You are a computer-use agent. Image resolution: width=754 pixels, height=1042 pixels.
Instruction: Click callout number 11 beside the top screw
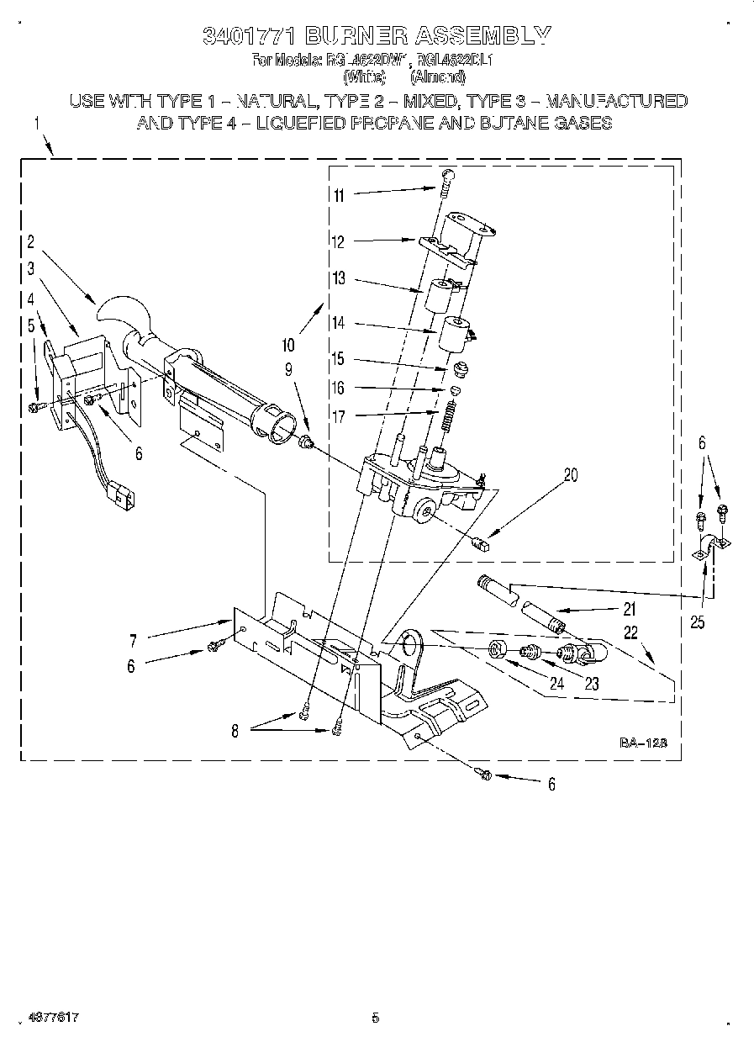[339, 195]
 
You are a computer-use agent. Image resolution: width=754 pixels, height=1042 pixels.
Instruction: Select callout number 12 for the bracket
[339, 242]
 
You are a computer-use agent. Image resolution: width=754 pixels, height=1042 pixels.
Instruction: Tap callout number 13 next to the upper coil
[339, 279]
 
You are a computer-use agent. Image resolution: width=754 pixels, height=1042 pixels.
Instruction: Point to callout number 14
[339, 323]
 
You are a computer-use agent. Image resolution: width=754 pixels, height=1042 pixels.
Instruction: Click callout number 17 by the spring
[339, 415]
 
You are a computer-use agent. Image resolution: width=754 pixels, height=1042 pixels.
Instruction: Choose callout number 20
[571, 475]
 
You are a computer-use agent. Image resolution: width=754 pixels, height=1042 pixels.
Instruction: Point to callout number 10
[288, 344]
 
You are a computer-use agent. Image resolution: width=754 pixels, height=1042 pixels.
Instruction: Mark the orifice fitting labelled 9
[308, 442]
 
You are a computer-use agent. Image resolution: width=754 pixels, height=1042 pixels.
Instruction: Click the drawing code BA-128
[643, 743]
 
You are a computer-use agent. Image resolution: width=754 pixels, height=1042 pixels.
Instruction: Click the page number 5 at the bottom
[375, 1018]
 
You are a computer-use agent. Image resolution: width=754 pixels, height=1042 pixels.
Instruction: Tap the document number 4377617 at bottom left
[52, 1018]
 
